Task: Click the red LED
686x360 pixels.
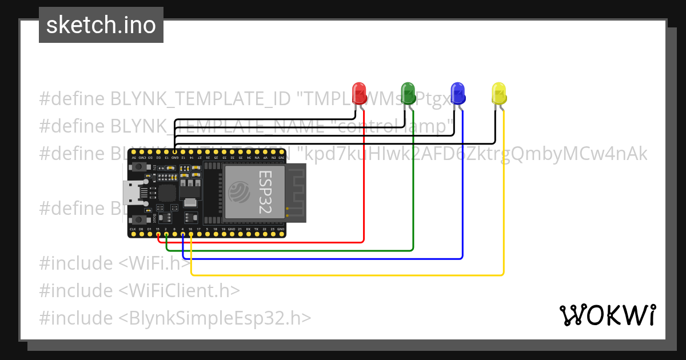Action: [x=359, y=93]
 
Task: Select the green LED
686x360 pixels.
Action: [x=408, y=93]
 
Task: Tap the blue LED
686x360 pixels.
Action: [x=457, y=93]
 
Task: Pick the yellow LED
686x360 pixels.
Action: [x=498, y=93]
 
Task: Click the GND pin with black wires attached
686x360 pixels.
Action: [x=175, y=153]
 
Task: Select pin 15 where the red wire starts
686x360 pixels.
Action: [x=158, y=234]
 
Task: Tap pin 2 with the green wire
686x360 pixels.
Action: [x=166, y=234]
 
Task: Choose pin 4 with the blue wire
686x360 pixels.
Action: [x=182, y=234]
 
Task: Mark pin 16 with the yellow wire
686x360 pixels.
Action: [x=191, y=234]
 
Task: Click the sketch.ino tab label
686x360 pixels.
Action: [x=101, y=26]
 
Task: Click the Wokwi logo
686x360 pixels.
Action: [x=607, y=315]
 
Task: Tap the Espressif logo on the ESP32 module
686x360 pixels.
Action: [x=240, y=191]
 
